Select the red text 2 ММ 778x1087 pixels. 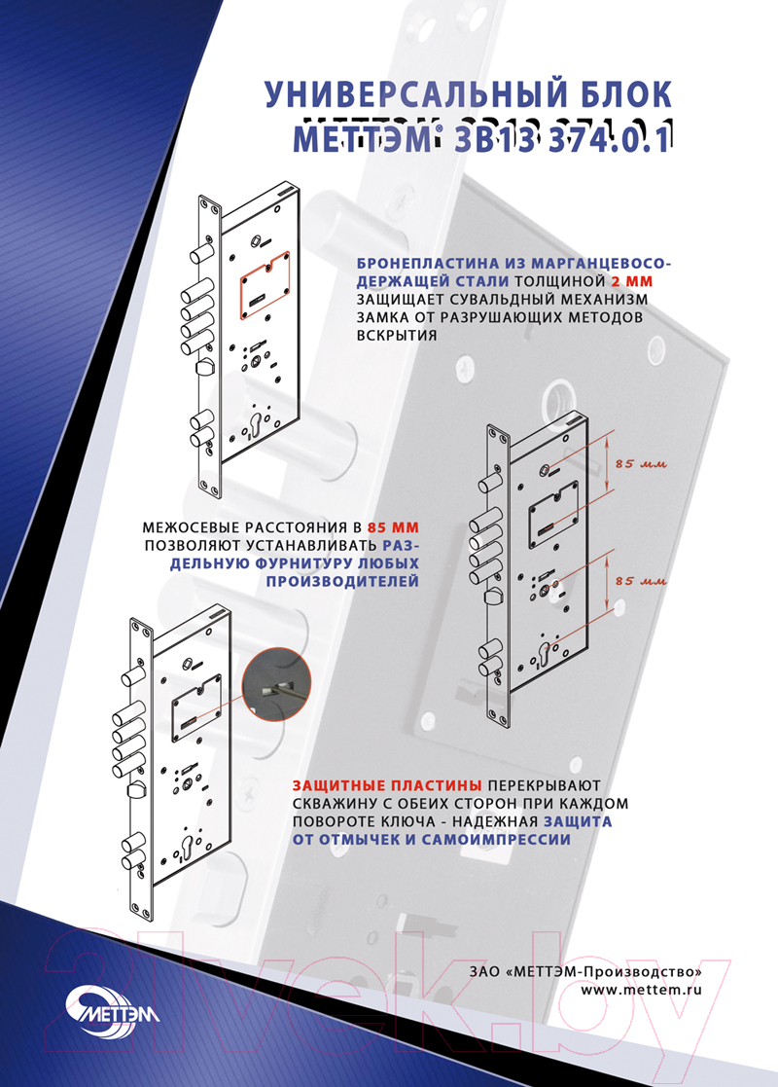(632, 281)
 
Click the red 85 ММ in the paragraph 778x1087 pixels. (394, 527)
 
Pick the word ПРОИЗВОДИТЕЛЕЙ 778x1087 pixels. (343, 581)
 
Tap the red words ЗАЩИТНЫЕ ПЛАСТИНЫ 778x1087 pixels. (387, 785)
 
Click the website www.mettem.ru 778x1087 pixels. (642, 990)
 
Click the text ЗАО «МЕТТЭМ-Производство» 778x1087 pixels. (586, 972)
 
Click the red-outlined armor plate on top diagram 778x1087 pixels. (265, 285)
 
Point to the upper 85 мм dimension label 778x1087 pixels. (641, 464)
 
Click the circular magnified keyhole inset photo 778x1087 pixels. (276, 686)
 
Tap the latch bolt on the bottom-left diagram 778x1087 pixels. (135, 789)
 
